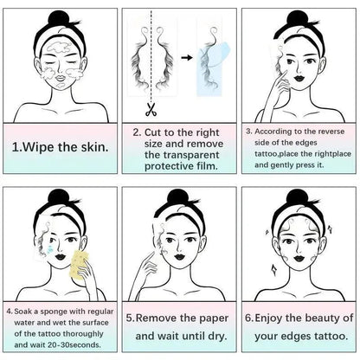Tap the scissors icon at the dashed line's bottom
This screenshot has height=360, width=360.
[151, 110]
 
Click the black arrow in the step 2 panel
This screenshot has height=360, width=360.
[187, 58]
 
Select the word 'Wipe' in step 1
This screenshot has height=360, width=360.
[38, 147]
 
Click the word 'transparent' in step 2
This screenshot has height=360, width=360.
[182, 155]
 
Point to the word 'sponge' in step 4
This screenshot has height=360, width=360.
[53, 312]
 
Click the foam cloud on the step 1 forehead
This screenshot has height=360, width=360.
[59, 48]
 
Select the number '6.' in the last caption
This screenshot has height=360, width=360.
[249, 318]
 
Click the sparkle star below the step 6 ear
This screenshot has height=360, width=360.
[273, 270]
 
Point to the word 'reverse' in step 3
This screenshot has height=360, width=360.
[331, 132]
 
